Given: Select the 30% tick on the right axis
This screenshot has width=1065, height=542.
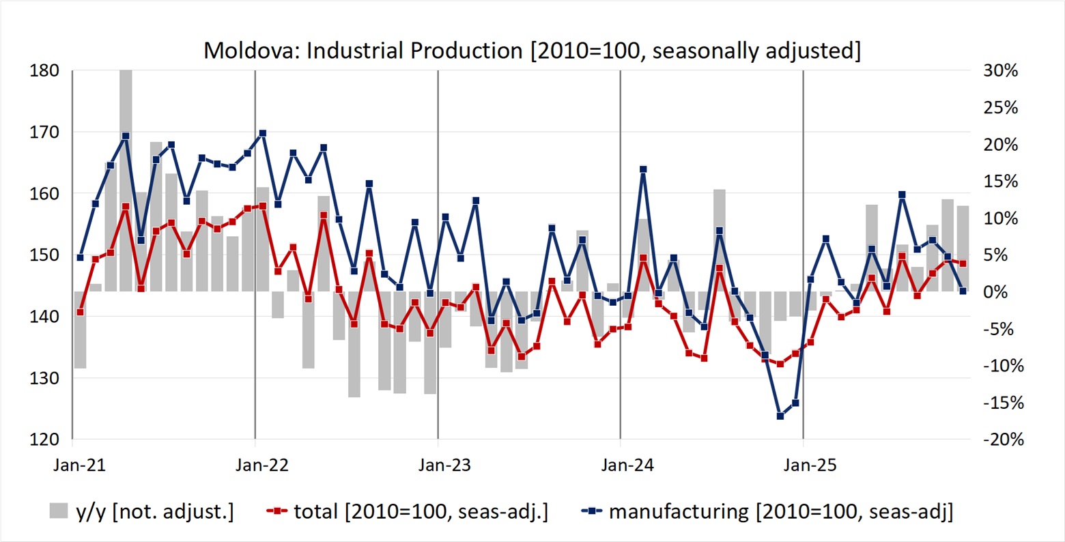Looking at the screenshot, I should point(1001,71).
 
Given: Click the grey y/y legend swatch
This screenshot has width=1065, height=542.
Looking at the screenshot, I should point(59,511).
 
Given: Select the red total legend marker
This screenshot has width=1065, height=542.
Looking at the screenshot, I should point(274,511).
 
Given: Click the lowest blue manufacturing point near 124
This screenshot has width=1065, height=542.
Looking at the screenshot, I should point(780,416).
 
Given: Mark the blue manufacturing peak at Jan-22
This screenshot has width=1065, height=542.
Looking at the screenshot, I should point(263,134).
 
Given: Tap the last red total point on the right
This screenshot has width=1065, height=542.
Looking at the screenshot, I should point(963,263).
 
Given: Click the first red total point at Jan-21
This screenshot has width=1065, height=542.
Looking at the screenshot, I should point(81,312).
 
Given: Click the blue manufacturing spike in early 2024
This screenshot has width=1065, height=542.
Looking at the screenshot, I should point(643,169).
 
